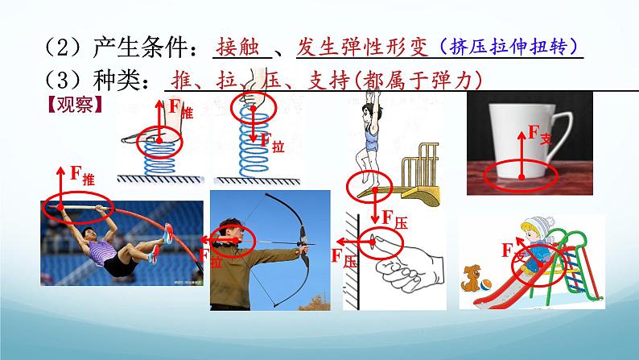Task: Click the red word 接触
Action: (237, 47)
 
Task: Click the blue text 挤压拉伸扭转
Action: (509, 47)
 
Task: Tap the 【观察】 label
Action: (75, 105)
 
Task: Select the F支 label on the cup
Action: (540, 134)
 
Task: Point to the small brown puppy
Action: (471, 279)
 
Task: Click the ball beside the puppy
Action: (486, 284)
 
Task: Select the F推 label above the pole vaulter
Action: (82, 176)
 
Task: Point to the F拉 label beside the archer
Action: (210, 258)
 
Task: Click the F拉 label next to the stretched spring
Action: (272, 143)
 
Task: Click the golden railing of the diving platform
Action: (421, 163)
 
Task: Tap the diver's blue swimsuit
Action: (371, 137)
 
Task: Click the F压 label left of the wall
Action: (344, 258)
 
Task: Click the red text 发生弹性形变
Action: (362, 47)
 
